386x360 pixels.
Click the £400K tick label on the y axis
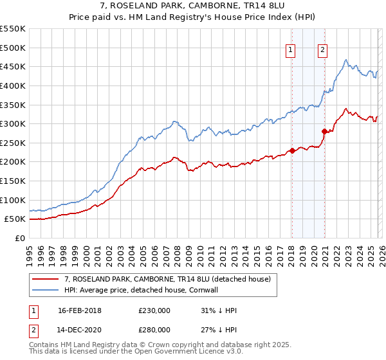tap(13, 85)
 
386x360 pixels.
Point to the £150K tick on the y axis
tap(13, 181)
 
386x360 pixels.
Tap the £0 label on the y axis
tap(19, 238)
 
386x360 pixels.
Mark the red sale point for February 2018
tap(292, 150)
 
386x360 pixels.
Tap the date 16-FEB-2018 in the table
tap(79, 310)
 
